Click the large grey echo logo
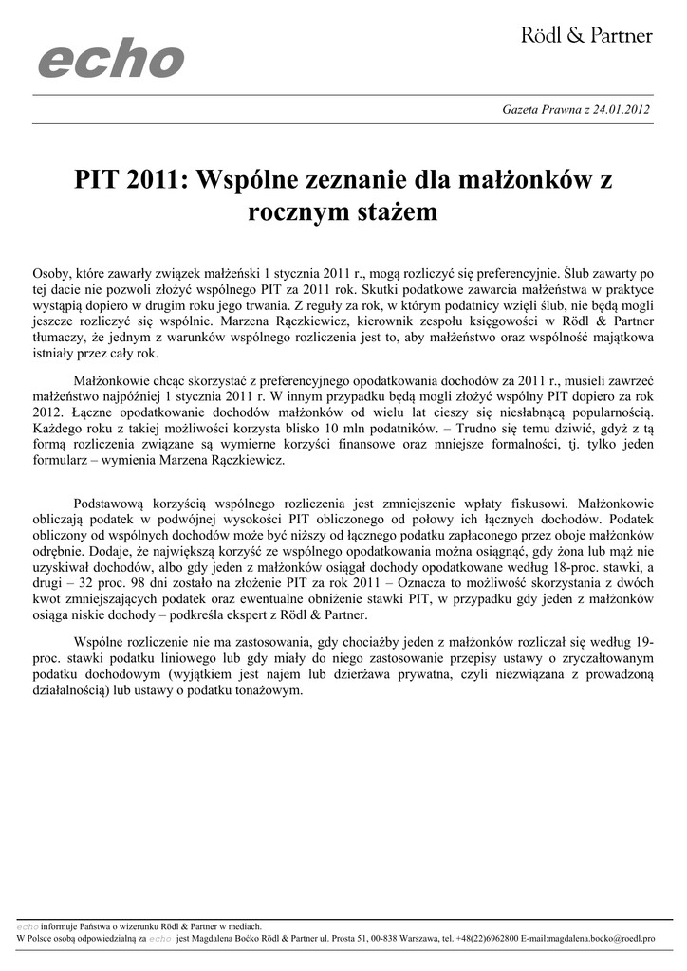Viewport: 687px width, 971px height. [x=110, y=61]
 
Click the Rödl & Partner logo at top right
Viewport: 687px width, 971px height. [x=586, y=36]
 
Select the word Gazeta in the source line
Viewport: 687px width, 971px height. [x=521, y=109]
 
